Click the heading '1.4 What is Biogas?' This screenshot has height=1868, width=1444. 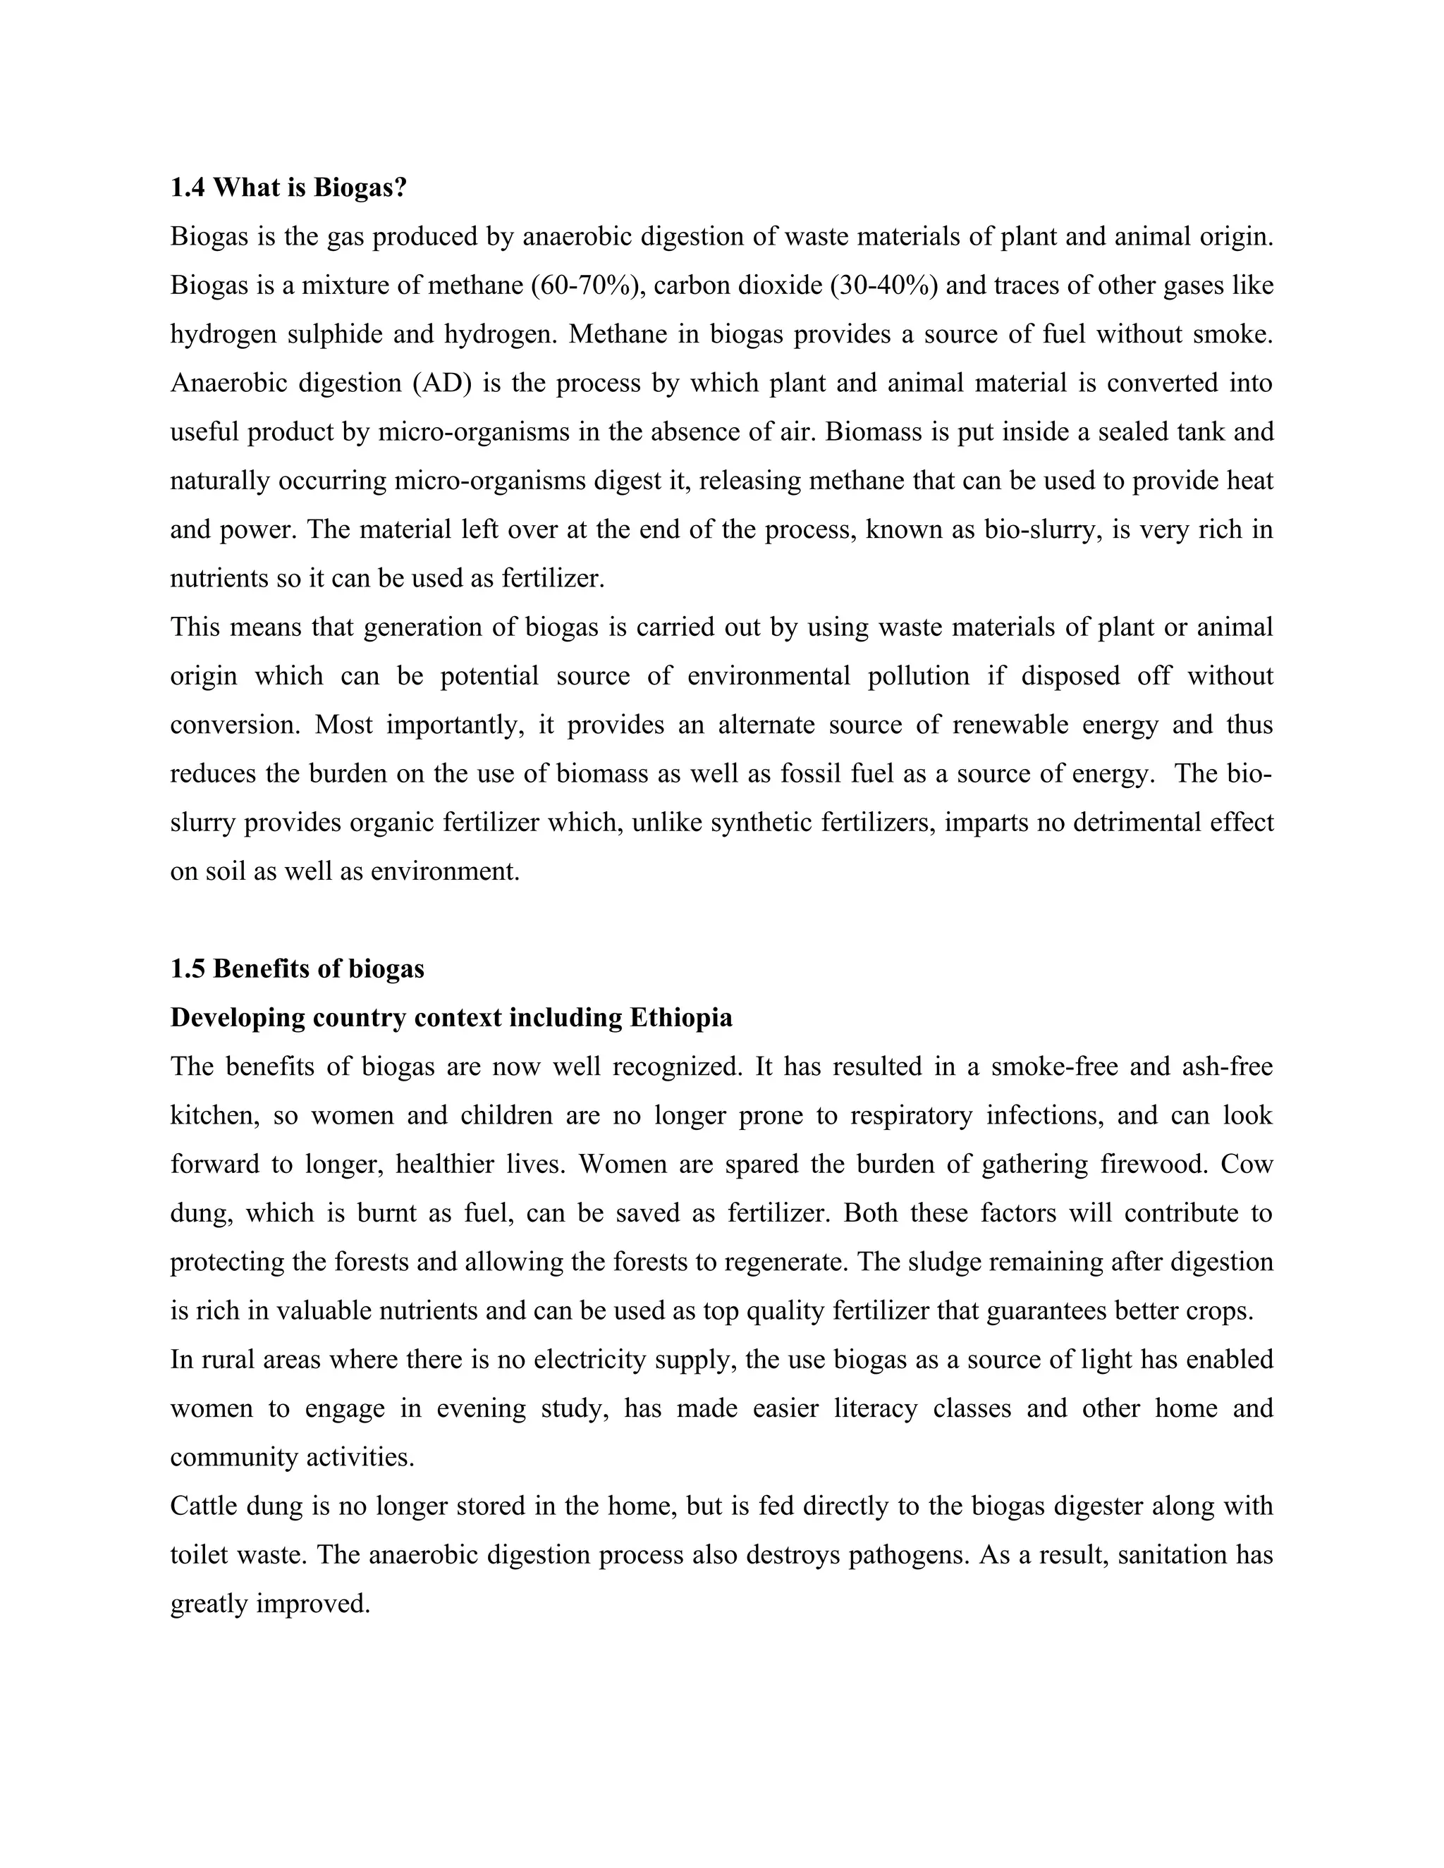point(288,188)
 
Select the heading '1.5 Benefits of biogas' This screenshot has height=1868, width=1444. point(297,969)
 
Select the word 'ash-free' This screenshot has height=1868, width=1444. point(1227,1067)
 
